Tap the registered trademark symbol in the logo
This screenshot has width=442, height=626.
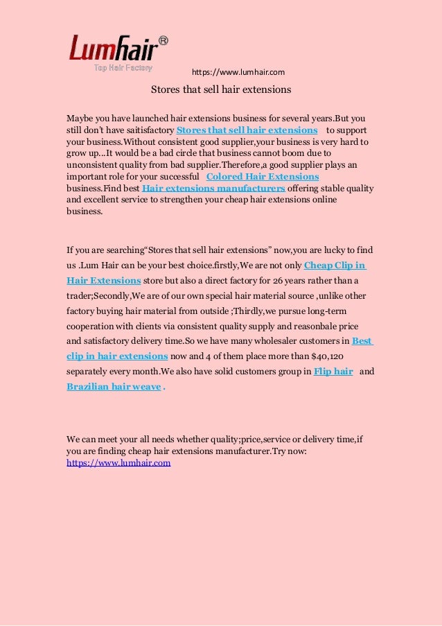tap(163, 40)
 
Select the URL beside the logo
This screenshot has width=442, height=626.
tap(238, 72)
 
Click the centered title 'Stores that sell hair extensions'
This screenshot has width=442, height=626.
tap(221, 90)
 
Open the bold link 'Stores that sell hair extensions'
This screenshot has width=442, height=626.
tap(247, 130)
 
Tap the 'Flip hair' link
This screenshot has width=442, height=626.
tap(333, 372)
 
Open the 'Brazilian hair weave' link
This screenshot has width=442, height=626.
tap(114, 386)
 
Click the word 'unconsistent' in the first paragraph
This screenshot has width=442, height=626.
tap(91, 165)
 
